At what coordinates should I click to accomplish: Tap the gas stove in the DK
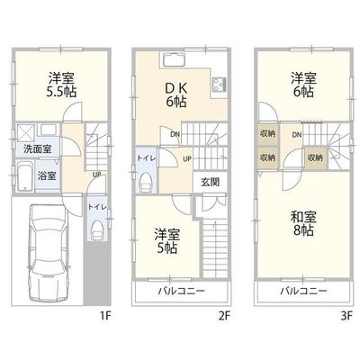click(219, 87)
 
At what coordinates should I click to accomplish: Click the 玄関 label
click(205, 181)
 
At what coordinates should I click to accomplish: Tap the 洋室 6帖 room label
click(302, 85)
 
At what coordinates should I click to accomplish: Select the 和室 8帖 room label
click(302, 221)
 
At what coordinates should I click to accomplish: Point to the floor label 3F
click(345, 316)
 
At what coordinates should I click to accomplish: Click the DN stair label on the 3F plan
click(296, 134)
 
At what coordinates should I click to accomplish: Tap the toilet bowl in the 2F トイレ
click(145, 183)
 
